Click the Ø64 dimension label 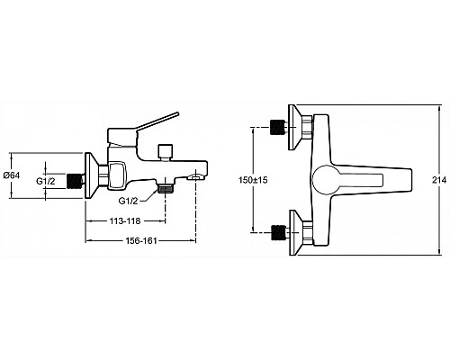(12, 175)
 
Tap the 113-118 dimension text (125, 221)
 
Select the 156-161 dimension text (141, 240)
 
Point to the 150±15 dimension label (253, 180)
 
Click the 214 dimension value (439, 180)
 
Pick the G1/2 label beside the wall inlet (46, 181)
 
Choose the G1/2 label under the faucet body (128, 201)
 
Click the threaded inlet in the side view (74, 181)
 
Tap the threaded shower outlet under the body (165, 189)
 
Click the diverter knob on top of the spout (166, 152)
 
